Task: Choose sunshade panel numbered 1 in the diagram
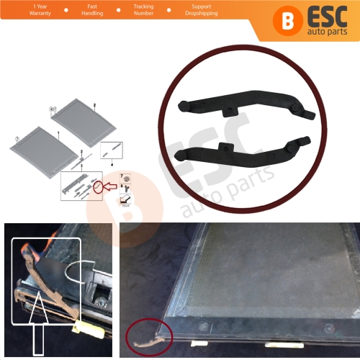tap(42, 143)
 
